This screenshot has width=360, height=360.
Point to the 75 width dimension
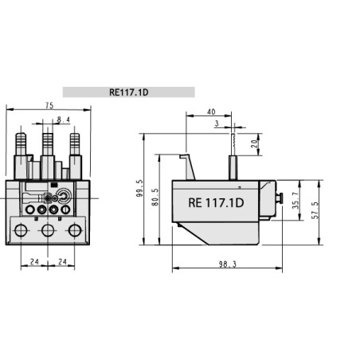(x=50, y=104)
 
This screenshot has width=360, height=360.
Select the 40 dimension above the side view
(x=210, y=112)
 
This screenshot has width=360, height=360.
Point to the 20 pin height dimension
(x=253, y=145)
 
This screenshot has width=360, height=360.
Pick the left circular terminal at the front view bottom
(x=21, y=232)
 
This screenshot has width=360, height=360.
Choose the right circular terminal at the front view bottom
(x=76, y=232)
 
